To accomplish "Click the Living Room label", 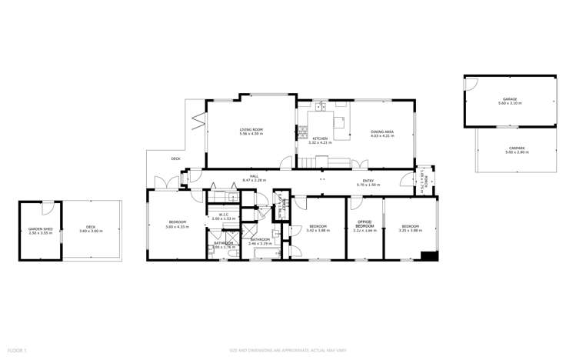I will [x=251, y=129].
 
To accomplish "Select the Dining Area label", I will [x=382, y=132].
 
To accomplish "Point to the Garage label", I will [x=509, y=99].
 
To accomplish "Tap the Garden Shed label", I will [x=40, y=228].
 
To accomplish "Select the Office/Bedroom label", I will [x=365, y=227].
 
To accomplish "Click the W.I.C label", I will [x=224, y=215].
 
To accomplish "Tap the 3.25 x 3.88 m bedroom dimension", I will [x=409, y=230].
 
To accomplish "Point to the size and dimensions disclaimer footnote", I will [x=288, y=351].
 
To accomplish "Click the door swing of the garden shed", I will [x=48, y=207].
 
